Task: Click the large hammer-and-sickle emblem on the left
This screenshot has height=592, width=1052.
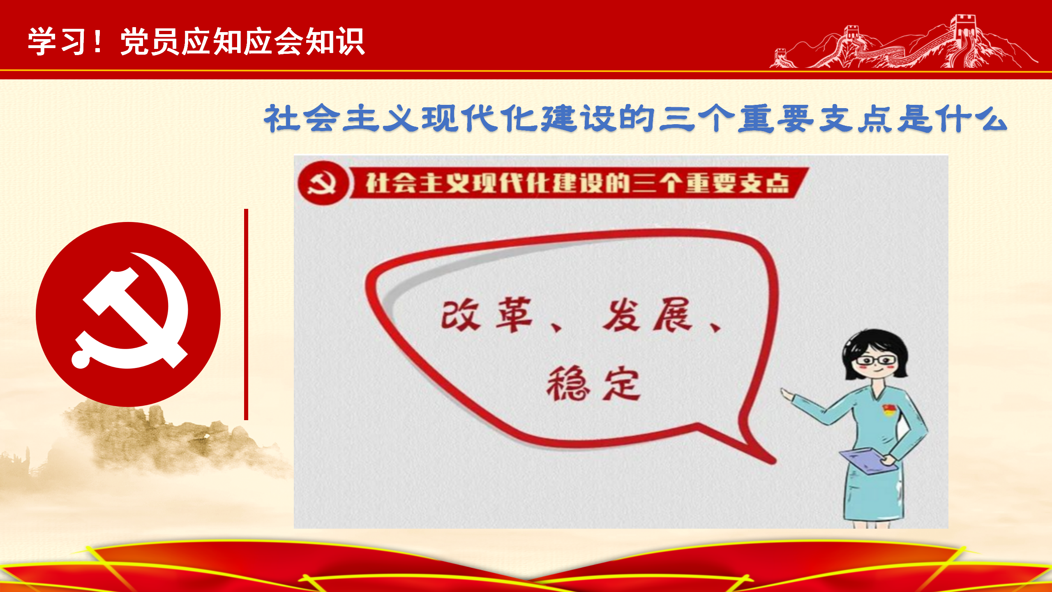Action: click(x=128, y=314)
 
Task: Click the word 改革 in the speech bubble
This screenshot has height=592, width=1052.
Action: click(x=487, y=314)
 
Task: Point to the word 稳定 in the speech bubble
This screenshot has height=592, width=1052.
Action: click(x=593, y=383)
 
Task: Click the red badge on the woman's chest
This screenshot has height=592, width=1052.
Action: click(x=889, y=409)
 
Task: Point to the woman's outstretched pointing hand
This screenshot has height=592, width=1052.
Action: click(x=788, y=395)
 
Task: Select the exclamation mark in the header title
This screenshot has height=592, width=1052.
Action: click(x=97, y=42)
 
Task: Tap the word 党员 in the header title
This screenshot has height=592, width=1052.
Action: click(x=150, y=42)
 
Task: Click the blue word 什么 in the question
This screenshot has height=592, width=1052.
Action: click(x=972, y=118)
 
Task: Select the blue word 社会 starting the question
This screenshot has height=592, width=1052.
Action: click(x=302, y=118)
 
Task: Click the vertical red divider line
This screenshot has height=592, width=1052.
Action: click(x=246, y=314)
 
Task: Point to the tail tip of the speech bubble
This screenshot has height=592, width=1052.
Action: click(x=775, y=461)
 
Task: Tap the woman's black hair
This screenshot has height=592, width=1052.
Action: click(x=875, y=347)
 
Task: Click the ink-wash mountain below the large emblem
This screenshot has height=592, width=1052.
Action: click(x=164, y=440)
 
